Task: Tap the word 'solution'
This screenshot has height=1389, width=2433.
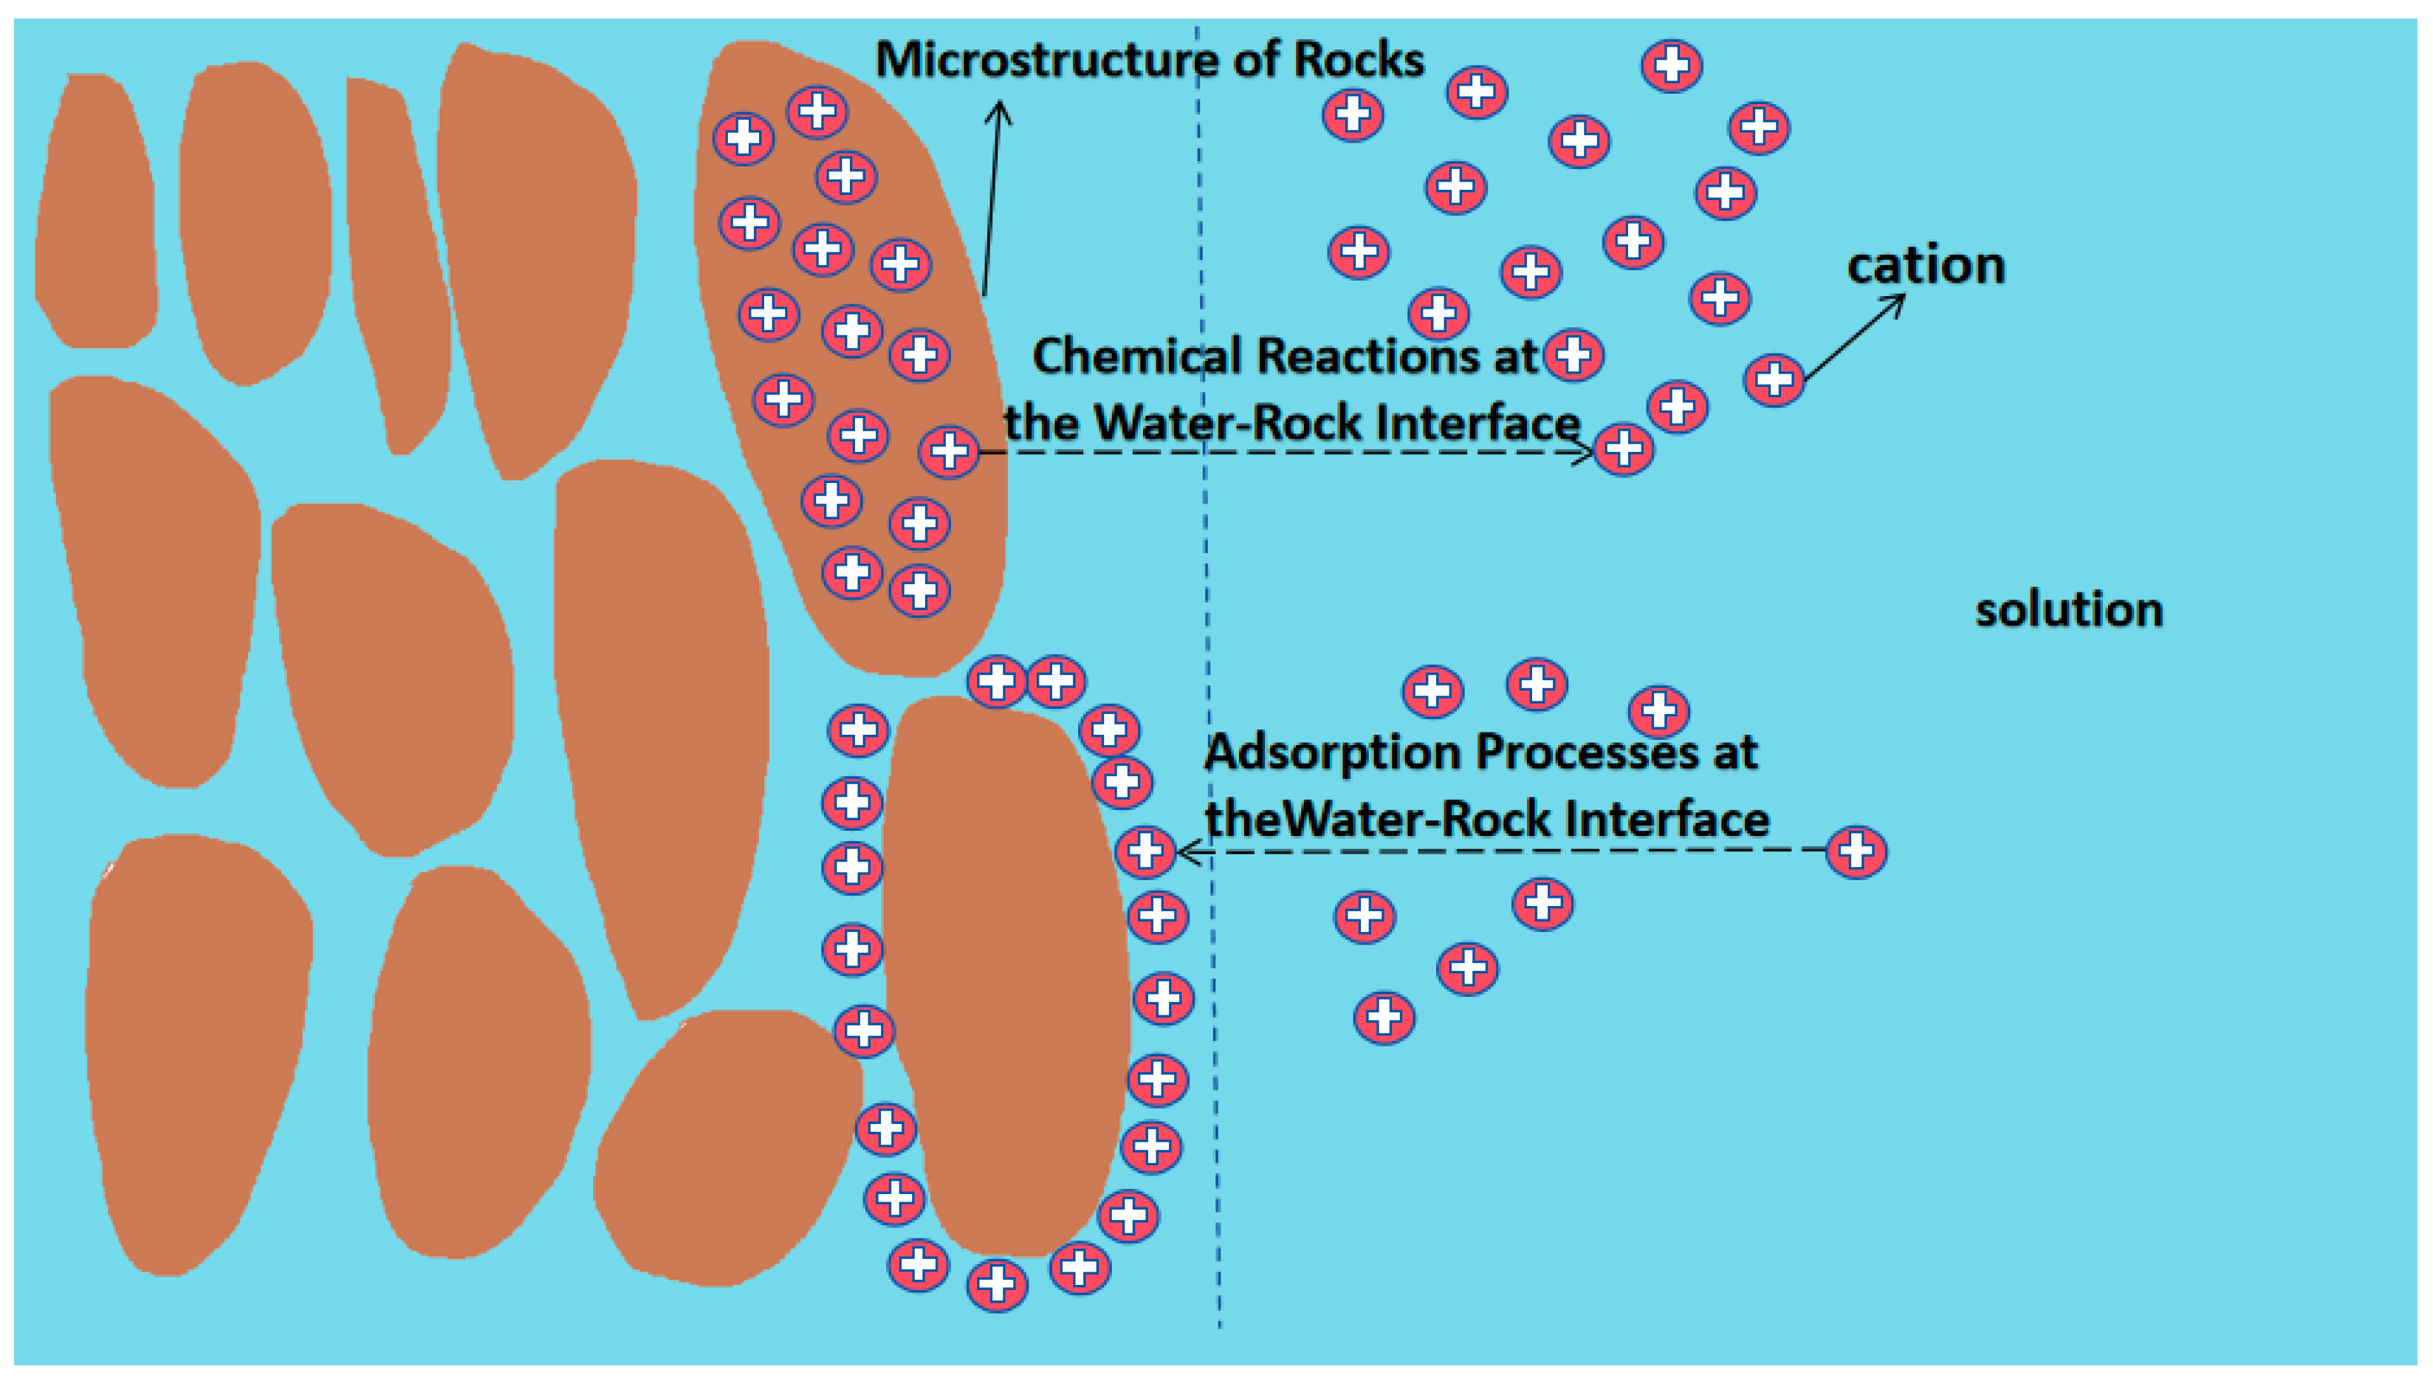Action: [2067, 610]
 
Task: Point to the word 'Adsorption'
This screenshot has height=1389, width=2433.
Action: [1331, 752]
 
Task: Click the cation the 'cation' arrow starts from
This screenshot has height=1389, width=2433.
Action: [1773, 380]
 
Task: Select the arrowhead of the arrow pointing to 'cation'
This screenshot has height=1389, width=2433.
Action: [1898, 301]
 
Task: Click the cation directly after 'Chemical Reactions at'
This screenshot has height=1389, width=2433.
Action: [1573, 356]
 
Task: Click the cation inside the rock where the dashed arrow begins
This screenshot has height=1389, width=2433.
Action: [948, 450]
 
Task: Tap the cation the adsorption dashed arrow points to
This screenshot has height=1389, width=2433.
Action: [1145, 851]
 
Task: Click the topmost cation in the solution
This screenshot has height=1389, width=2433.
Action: [1671, 66]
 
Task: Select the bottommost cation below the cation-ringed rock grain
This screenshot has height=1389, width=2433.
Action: [997, 1284]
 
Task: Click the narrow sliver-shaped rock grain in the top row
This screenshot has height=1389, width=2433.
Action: [396, 258]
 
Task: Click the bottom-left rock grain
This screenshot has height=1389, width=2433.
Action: [196, 1049]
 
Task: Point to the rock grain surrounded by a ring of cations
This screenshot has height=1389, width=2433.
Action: [1006, 973]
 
